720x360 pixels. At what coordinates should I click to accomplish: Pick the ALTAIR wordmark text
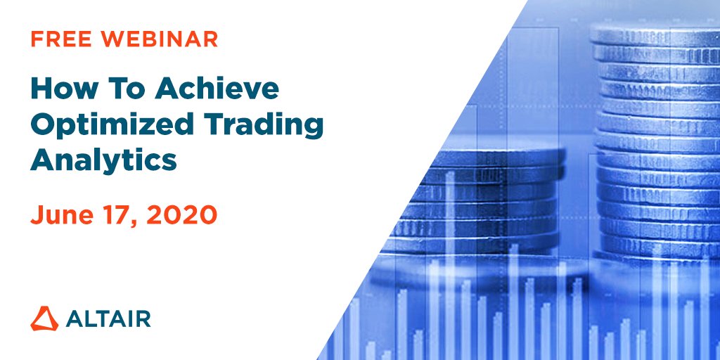[108, 319]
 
